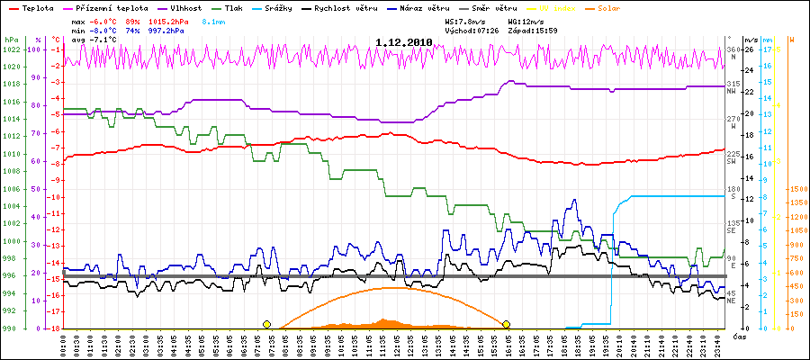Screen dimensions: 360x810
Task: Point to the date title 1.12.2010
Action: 404,42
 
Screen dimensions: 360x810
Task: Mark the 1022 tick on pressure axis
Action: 10,49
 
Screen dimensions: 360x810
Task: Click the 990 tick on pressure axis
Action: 10,328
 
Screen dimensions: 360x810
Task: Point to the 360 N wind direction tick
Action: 733,50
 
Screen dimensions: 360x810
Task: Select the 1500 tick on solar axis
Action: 796,189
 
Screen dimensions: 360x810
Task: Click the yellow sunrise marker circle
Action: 266,324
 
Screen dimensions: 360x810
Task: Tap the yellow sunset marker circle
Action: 507,324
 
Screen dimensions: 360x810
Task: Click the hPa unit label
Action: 10,40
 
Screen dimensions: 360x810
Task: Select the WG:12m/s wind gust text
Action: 526,19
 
